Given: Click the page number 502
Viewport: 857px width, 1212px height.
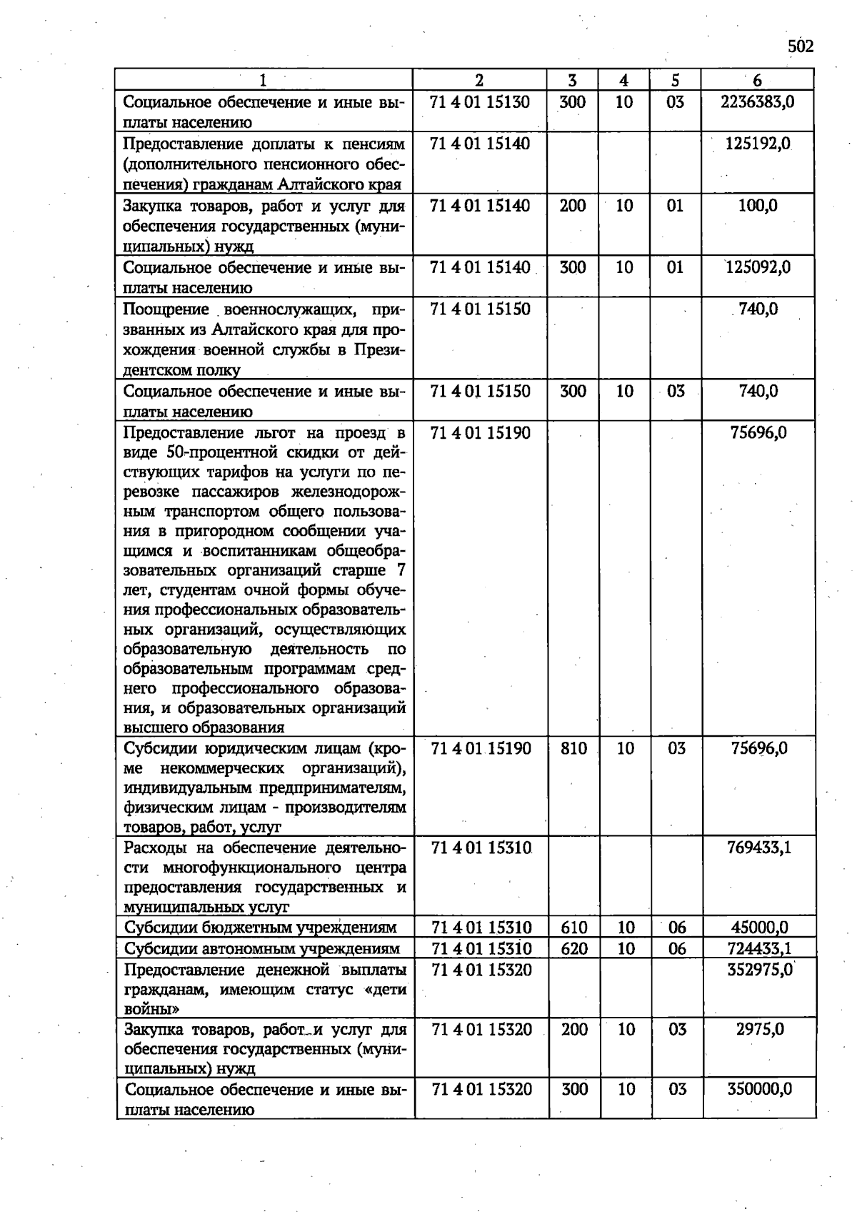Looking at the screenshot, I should tap(801, 47).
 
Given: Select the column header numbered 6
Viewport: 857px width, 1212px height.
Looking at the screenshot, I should tap(757, 80).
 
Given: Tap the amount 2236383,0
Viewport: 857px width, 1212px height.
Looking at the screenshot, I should tap(757, 102).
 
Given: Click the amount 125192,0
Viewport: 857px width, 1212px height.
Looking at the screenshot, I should tap(757, 144).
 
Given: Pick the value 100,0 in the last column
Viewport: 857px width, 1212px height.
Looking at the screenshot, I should tap(758, 206).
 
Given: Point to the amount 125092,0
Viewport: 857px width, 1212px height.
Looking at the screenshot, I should tap(758, 268).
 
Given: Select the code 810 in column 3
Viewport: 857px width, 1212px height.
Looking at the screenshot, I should tap(573, 748).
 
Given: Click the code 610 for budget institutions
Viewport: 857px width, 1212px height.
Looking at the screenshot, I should tap(574, 928).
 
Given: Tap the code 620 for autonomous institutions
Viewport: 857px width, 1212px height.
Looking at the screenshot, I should tap(574, 948).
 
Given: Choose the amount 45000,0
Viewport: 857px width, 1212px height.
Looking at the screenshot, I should tap(759, 928).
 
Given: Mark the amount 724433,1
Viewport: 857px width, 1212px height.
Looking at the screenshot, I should tap(759, 948).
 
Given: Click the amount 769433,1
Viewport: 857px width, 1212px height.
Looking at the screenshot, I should tap(758, 848).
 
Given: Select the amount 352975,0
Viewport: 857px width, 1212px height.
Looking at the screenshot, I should tap(759, 970).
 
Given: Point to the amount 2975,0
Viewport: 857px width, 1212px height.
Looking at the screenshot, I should tap(760, 1029).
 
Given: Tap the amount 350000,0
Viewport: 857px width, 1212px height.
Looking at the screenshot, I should tap(759, 1089).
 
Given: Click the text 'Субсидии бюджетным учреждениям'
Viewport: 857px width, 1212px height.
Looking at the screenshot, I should tap(260, 928).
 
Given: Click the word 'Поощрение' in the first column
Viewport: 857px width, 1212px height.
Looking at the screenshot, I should tap(166, 309).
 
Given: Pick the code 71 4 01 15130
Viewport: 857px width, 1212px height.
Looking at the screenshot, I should tap(479, 102).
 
